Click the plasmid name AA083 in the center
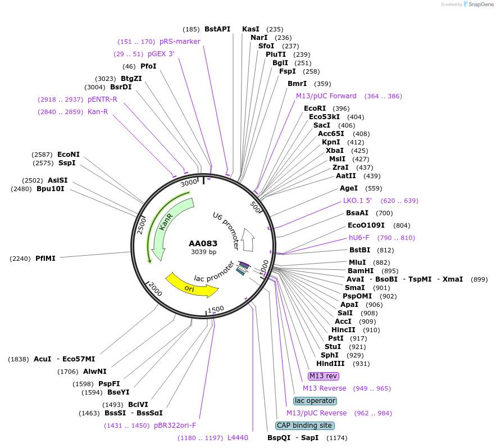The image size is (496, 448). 203,243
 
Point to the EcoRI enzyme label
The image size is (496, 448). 315,108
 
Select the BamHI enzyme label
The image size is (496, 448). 361,271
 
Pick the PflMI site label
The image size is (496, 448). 45,259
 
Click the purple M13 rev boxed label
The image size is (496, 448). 324,375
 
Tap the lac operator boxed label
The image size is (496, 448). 315,401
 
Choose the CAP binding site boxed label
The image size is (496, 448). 304,426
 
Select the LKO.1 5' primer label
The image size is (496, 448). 358,201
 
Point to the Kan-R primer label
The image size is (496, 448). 97,112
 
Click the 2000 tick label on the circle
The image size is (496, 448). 154,289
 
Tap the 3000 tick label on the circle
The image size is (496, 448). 189,182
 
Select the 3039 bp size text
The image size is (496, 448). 203,252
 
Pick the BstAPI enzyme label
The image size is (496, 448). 217,29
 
